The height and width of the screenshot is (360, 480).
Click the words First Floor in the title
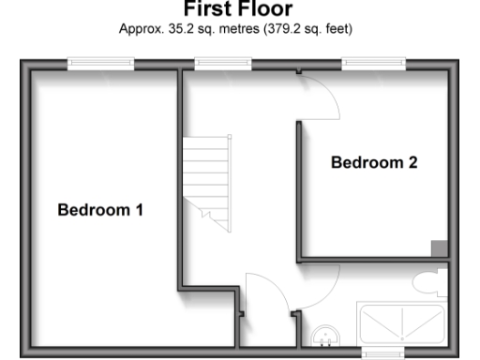click(238, 9)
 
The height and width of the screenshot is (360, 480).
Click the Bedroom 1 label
click(100, 210)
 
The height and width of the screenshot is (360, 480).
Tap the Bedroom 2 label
click(374, 162)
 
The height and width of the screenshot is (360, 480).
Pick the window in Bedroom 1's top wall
click(100, 64)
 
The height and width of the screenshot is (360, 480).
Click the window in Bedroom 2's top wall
click(373, 64)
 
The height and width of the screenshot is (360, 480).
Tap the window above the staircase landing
click(223, 64)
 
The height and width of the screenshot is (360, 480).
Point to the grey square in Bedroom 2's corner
click(438, 247)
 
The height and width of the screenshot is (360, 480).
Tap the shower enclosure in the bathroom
click(402, 323)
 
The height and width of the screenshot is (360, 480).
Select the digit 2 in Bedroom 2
click(412, 162)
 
